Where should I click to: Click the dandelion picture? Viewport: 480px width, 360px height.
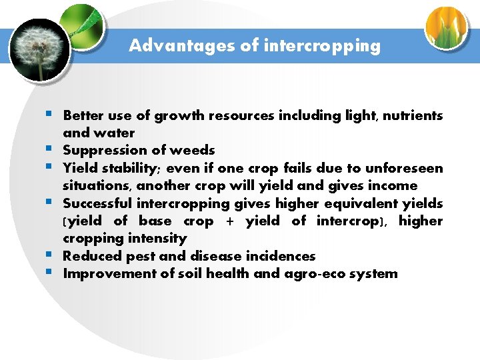pos(40,50)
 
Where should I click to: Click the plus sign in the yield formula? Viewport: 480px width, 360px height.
pos(230,221)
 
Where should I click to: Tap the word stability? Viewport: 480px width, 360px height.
pos(133,168)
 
